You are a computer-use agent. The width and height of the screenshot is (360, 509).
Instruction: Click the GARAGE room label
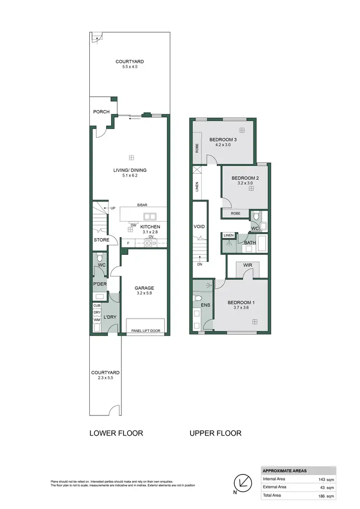[144, 288]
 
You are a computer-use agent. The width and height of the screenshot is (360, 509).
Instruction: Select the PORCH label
[101, 112]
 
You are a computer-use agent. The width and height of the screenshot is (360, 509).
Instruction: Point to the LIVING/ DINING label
[130, 170]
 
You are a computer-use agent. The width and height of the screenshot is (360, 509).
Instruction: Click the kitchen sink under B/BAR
[149, 216]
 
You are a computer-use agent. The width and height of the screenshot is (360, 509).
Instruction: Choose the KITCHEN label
[150, 227]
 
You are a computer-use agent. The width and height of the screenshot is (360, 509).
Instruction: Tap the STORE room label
[101, 240]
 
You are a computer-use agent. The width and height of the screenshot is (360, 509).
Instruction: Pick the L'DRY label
[110, 317]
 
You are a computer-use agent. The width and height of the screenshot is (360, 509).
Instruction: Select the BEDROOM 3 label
[224, 140]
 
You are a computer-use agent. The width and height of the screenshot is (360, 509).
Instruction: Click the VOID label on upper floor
[199, 227]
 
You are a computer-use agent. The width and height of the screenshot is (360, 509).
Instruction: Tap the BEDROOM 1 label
[241, 302]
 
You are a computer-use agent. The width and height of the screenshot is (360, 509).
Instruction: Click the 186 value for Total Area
[323, 496]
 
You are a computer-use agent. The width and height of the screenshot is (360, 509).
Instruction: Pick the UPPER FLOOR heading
[216, 433]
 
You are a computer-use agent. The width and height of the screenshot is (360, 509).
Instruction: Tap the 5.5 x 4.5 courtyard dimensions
[130, 68]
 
